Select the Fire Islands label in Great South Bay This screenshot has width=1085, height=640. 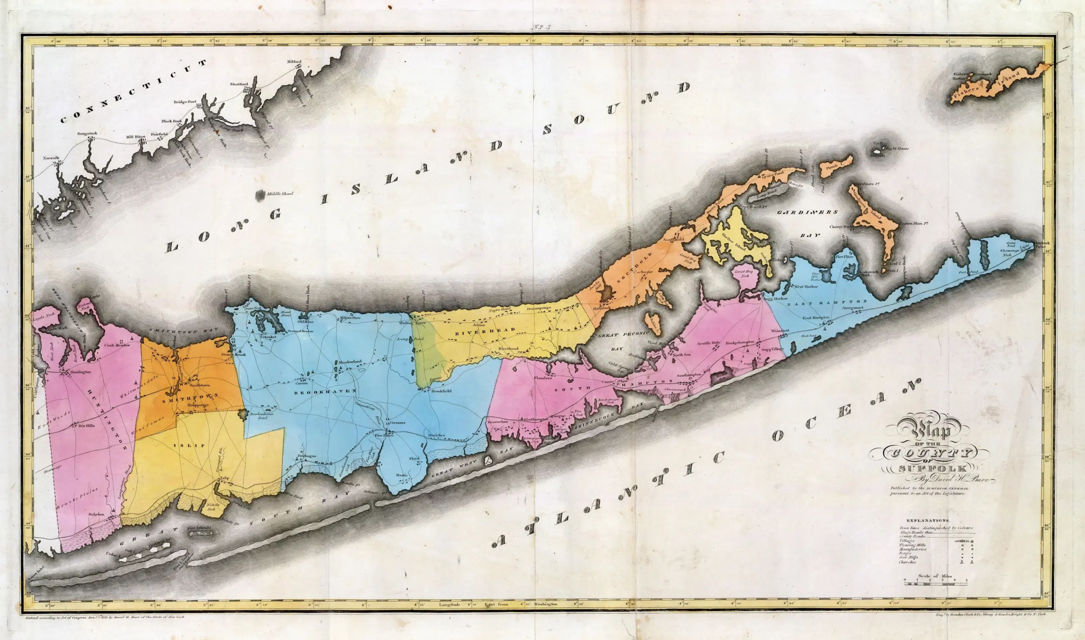pyautogui.click(x=199, y=528)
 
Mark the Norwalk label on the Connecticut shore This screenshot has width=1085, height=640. pyautogui.click(x=51, y=158)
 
